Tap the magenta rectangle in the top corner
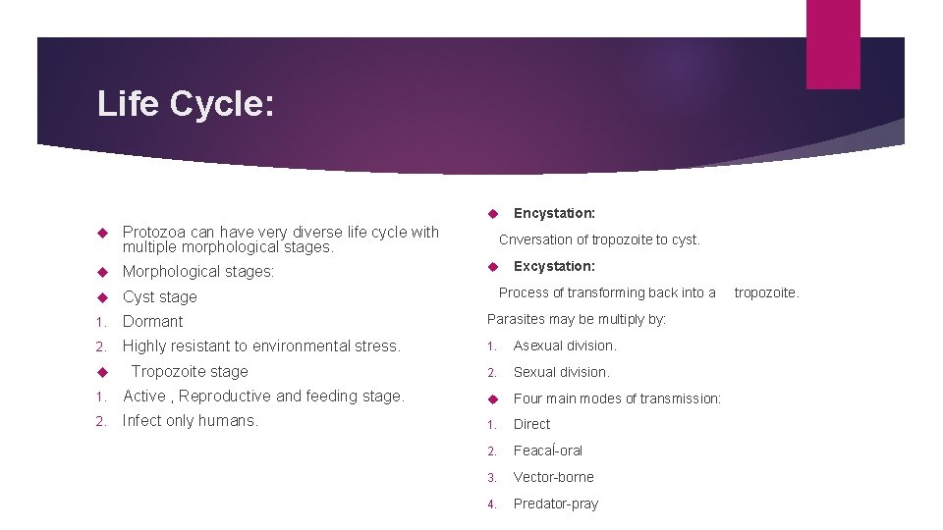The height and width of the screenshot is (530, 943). (832, 43)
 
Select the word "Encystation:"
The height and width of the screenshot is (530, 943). (554, 213)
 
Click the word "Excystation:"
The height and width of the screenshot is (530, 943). (554, 266)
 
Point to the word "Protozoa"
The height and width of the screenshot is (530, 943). (154, 233)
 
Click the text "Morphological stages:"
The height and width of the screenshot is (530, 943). (198, 271)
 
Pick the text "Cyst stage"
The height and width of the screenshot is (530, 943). (159, 296)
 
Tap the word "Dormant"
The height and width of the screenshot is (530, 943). (152, 321)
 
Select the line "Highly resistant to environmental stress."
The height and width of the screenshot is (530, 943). (261, 345)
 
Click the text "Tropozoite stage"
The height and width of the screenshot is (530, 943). (190, 371)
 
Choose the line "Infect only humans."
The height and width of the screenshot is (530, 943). (190, 421)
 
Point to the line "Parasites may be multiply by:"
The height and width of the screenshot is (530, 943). (577, 319)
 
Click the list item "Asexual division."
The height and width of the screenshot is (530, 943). (565, 345)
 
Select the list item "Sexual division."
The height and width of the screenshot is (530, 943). (561, 372)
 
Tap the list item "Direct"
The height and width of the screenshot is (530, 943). (531, 424)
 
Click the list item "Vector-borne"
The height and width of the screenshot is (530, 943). (553, 477)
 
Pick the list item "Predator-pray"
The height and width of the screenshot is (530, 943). (555, 503)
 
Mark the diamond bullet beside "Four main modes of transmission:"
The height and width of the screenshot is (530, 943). (494, 398)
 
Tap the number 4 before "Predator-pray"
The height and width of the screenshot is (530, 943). (493, 504)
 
